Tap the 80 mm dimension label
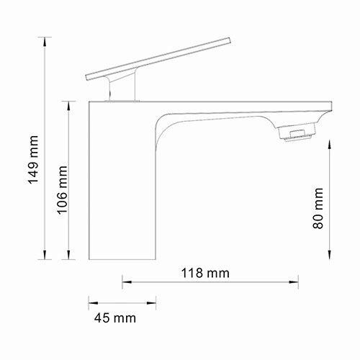pos(318,209)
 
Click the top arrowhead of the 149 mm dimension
pos(47,41)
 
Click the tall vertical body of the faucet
pos(121,187)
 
